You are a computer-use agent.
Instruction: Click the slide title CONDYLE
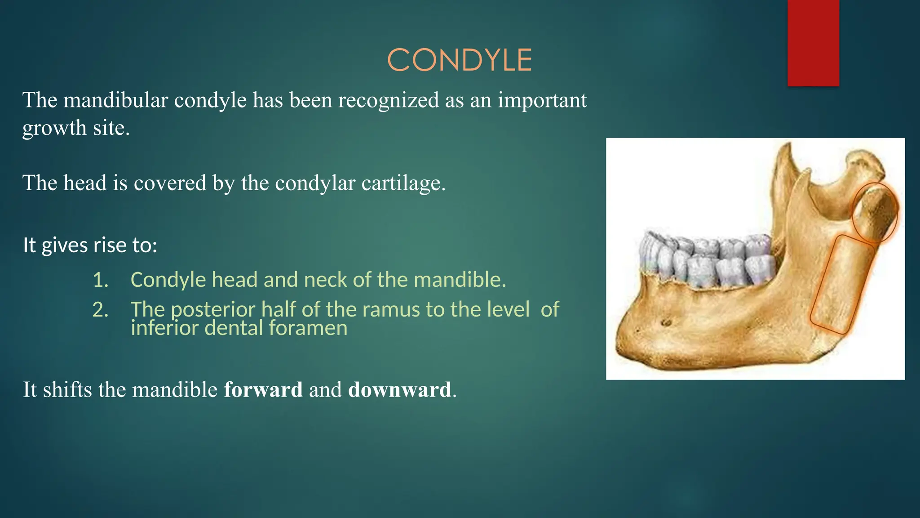(x=460, y=60)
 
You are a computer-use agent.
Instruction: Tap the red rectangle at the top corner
(x=813, y=43)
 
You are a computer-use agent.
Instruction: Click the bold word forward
(x=263, y=389)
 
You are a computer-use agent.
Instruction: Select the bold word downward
(x=399, y=389)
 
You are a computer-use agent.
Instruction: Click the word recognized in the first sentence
(x=388, y=100)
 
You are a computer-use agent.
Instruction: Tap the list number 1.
(x=100, y=280)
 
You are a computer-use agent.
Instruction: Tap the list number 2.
(x=100, y=310)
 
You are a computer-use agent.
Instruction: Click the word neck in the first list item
(x=327, y=280)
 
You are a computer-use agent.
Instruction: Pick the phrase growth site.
(x=76, y=128)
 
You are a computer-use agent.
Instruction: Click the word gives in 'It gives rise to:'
(x=65, y=246)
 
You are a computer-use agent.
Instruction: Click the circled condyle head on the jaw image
(x=875, y=213)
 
